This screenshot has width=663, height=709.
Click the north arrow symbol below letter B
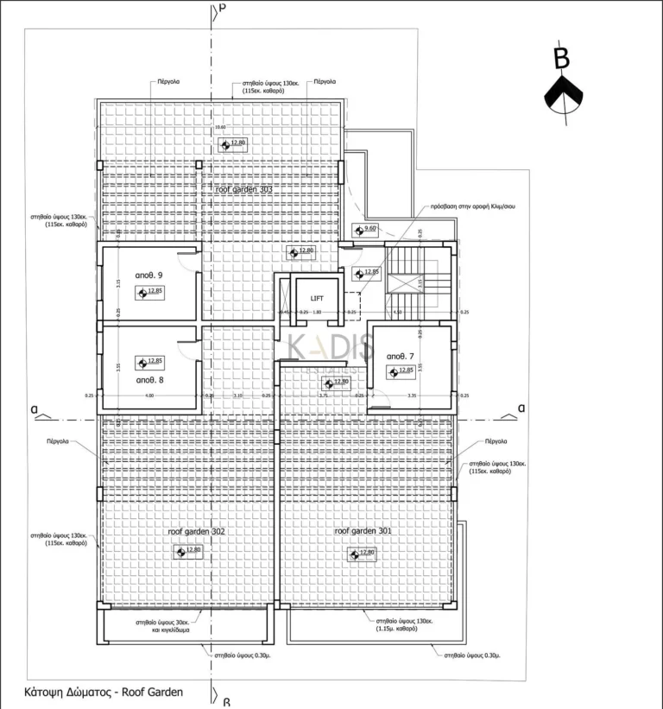point(562,96)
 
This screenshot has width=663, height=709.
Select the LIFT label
point(316,298)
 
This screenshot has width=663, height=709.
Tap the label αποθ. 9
point(148,275)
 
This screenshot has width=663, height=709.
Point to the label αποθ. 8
point(148,378)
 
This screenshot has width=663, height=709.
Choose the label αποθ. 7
point(401,356)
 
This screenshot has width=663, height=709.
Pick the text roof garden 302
point(196,532)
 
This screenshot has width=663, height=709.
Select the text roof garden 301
point(363,530)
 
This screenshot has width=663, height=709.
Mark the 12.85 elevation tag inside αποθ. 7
point(401,371)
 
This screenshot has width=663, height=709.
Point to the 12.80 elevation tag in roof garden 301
point(363,553)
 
